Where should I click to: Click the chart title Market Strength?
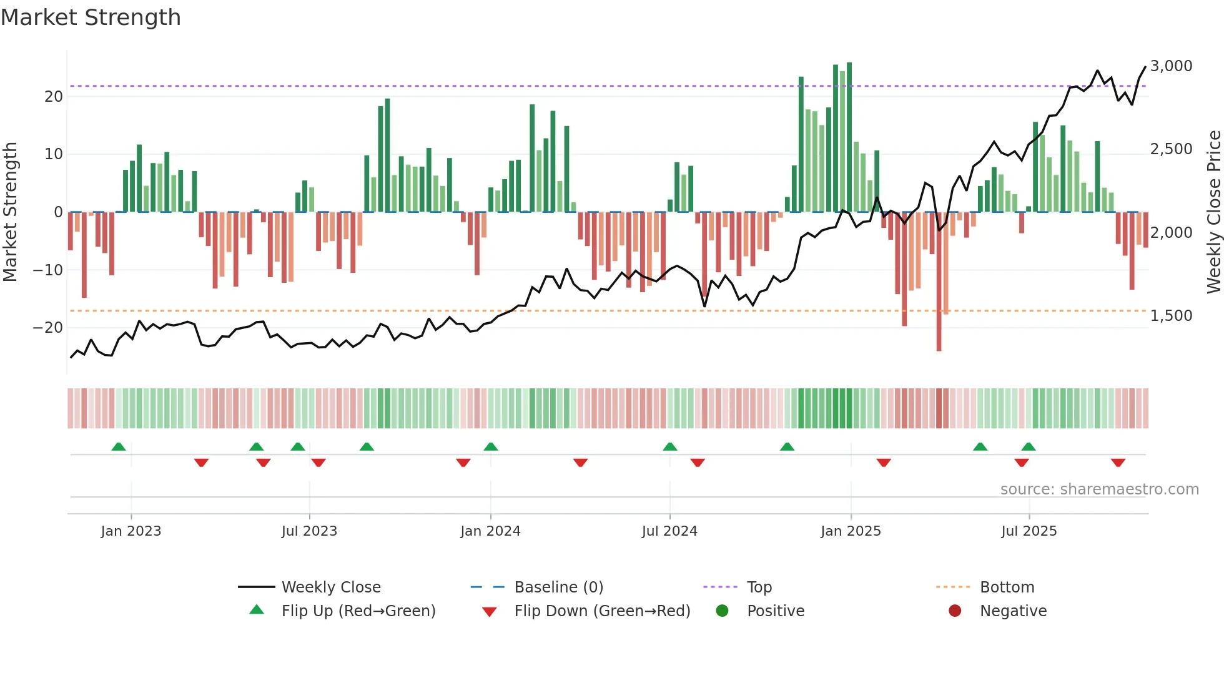point(91,17)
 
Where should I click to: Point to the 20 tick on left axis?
point(54,97)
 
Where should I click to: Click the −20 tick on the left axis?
point(48,328)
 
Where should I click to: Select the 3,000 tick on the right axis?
point(1171,66)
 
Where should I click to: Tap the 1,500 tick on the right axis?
point(1171,316)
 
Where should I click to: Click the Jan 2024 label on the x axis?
point(490,531)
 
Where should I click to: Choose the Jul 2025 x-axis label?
point(1029,531)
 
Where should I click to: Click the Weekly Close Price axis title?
point(1213,212)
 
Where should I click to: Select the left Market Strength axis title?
point(11,212)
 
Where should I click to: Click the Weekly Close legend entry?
point(330,587)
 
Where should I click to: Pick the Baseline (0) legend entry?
point(558,587)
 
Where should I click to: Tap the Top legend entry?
point(759,587)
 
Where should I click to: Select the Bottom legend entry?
point(1007,587)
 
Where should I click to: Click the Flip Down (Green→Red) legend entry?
point(602,611)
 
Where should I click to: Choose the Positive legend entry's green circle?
point(722,611)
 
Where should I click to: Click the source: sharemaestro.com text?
point(1099,489)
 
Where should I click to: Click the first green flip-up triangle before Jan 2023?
point(119,446)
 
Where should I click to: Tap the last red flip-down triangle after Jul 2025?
point(1118,463)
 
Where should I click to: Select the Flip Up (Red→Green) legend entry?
point(358,611)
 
